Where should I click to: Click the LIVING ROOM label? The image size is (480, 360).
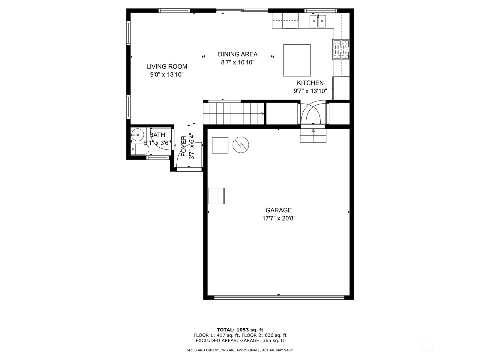pyautogui.click(x=166, y=66)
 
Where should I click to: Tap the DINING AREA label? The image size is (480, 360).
pyautogui.click(x=238, y=54)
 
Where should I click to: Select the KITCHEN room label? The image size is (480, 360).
pyautogui.click(x=310, y=83)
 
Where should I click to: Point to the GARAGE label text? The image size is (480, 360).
pyautogui.click(x=279, y=210)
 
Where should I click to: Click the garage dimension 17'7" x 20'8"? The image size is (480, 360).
pyautogui.click(x=279, y=218)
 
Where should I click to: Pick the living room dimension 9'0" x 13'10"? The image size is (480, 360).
pyautogui.click(x=166, y=75)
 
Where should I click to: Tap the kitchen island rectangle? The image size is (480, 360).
pyautogui.click(x=297, y=60)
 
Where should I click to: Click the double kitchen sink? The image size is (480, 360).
pyautogui.click(x=317, y=21)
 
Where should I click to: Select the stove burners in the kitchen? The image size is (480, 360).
pyautogui.click(x=341, y=49)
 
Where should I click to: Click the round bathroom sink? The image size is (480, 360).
pyautogui.click(x=137, y=135)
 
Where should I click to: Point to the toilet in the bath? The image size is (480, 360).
pyautogui.click(x=140, y=149)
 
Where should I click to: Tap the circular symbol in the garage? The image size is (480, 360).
pyautogui.click(x=241, y=145)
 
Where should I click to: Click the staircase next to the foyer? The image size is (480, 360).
pyautogui.click(x=233, y=114)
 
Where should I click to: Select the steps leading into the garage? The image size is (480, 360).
pyautogui.click(x=313, y=136)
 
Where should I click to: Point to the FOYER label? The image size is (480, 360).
pyautogui.click(x=184, y=146)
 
